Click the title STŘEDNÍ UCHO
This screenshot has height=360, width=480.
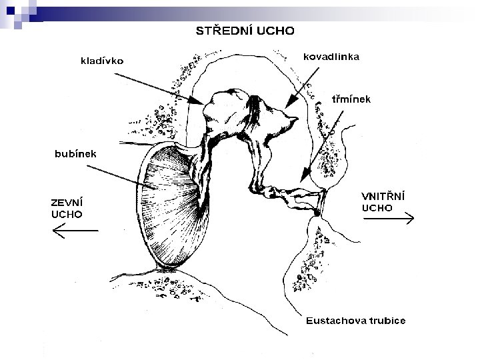(x=247, y=30)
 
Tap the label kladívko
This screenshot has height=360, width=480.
(x=101, y=61)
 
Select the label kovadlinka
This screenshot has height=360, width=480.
(x=331, y=57)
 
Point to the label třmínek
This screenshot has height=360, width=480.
(x=351, y=99)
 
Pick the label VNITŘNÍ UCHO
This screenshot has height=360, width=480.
(x=383, y=201)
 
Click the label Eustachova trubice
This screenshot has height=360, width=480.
(x=355, y=321)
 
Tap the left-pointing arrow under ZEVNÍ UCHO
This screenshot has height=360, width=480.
(x=75, y=231)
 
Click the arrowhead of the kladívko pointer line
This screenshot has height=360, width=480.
(x=201, y=102)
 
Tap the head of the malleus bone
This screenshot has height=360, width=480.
(x=223, y=113)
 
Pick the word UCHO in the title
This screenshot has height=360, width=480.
(x=276, y=30)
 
